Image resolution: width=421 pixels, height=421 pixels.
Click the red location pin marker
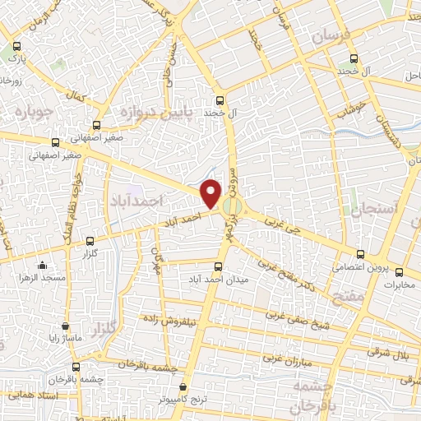pyautogui.click(x=211, y=192)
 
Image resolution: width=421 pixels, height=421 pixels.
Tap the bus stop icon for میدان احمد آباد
pyautogui.click(x=218, y=266)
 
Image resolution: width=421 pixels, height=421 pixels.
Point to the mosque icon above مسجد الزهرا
pyautogui.click(x=44, y=266)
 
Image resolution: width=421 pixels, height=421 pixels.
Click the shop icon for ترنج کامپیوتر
pyautogui.click(x=182, y=386)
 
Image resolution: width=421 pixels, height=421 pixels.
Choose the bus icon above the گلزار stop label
pyautogui.click(x=90, y=242)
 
